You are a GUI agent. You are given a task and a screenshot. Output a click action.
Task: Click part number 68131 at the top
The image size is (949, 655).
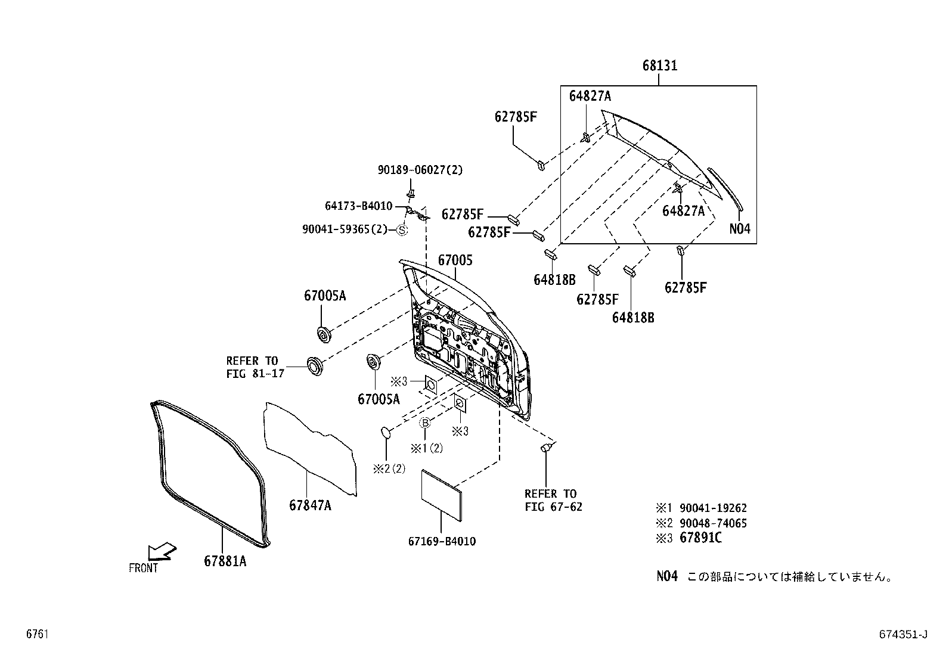[659, 66]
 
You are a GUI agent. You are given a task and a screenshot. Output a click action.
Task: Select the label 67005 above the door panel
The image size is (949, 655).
[455, 260]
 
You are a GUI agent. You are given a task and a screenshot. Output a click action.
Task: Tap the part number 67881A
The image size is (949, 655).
[225, 561]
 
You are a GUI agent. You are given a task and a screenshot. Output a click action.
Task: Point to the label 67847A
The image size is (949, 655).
[310, 505]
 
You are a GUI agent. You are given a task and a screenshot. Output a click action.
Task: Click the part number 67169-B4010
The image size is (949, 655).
[442, 542]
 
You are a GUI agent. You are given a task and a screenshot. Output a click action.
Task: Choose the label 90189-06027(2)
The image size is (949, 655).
[420, 170]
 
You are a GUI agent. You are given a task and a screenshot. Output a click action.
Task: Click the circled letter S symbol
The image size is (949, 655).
[402, 229]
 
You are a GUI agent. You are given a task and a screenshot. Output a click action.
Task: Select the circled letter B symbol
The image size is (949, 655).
[424, 423]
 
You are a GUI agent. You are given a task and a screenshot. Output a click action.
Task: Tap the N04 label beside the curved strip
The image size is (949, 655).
[740, 229]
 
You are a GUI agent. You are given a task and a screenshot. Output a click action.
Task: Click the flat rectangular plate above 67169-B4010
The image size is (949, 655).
[442, 492]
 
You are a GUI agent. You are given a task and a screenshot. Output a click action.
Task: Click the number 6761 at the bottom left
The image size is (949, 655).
[37, 635]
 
